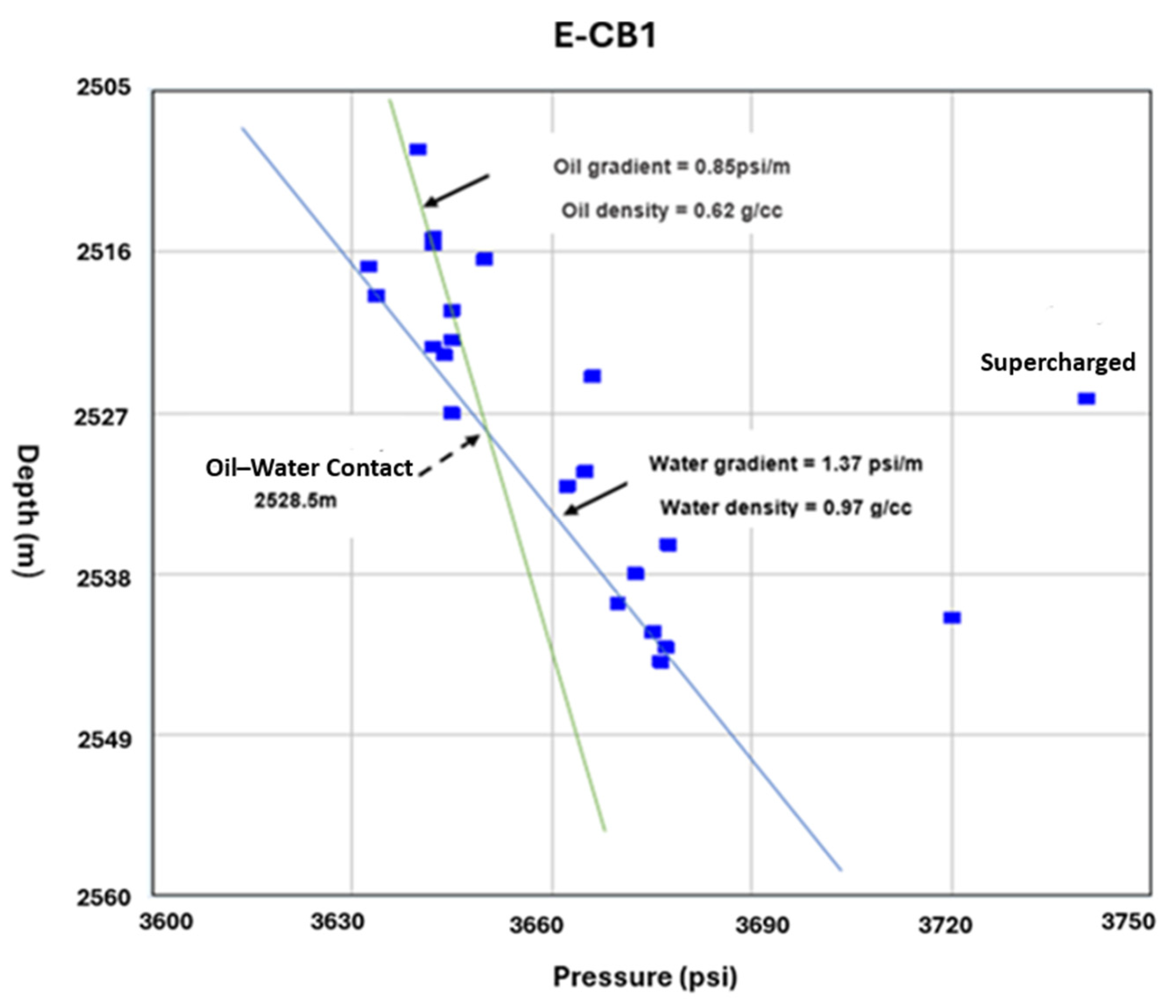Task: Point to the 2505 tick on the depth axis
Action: click(x=103, y=87)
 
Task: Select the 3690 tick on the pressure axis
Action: click(x=762, y=925)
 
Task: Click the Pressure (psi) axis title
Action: click(x=645, y=977)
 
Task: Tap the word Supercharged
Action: click(x=1058, y=363)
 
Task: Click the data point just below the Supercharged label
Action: click(x=1086, y=399)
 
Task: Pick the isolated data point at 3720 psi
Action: click(x=952, y=618)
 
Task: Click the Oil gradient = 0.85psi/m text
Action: click(x=671, y=167)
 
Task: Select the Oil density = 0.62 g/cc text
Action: click(x=671, y=211)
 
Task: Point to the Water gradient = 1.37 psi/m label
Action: click(x=785, y=464)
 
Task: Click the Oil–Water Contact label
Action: click(x=309, y=468)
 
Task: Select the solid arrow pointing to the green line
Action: click(x=457, y=190)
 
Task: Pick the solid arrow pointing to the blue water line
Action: click(x=595, y=498)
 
